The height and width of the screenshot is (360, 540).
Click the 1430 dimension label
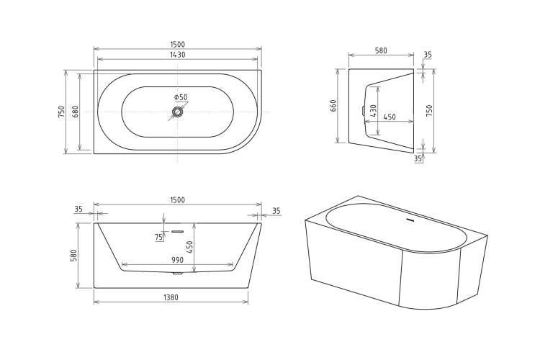coord(178,55)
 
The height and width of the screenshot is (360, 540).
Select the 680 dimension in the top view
coord(76,112)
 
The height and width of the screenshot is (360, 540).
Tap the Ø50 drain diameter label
coord(181,97)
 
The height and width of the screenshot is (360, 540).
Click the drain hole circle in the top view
coord(177,112)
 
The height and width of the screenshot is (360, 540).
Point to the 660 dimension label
coord(333,106)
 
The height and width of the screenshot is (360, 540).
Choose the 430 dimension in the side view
coord(373,111)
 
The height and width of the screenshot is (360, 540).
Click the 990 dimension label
coord(177,260)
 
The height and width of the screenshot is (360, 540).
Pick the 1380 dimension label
coord(171,297)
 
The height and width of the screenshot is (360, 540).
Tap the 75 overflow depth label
coord(159,237)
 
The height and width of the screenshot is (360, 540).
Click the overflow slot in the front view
coord(178,231)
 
